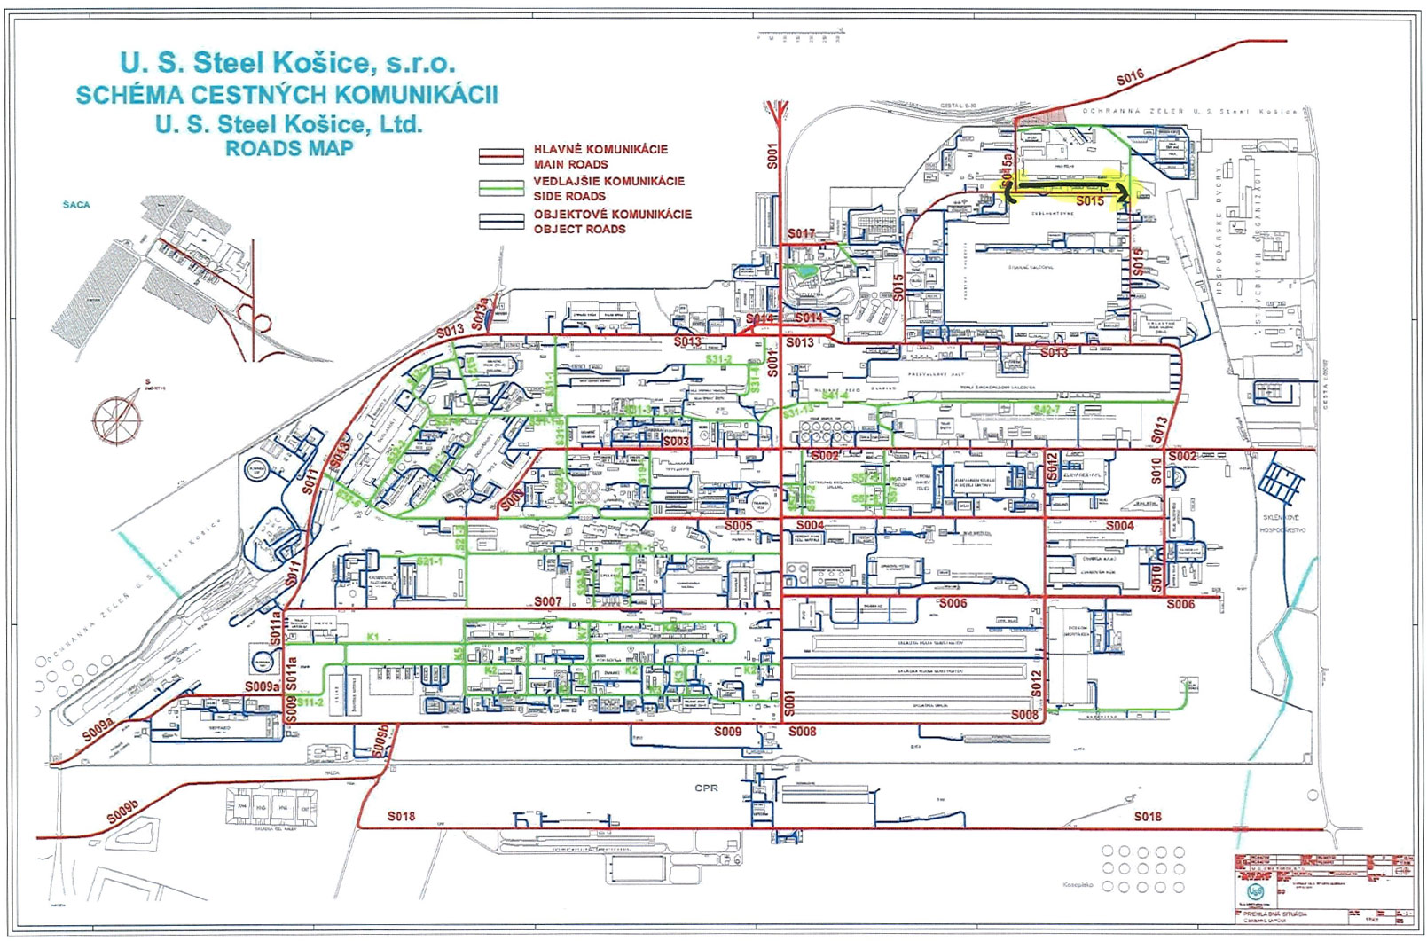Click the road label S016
(x=1130, y=79)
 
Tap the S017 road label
(x=801, y=234)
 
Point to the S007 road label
(x=547, y=601)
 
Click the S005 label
(x=738, y=526)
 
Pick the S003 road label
(x=676, y=441)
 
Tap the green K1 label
(x=372, y=637)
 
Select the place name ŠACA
(x=76, y=205)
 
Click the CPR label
(x=706, y=788)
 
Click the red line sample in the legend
(x=502, y=157)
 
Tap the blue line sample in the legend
(x=502, y=222)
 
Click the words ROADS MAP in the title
(x=288, y=148)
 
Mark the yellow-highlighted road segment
(x=1069, y=187)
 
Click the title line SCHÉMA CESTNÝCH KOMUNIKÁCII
(x=286, y=94)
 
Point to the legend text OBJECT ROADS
(x=579, y=229)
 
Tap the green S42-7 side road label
(x=1047, y=409)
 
